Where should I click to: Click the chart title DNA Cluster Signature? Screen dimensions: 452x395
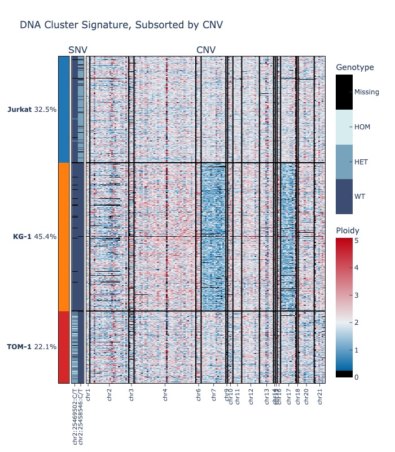[x=121, y=25]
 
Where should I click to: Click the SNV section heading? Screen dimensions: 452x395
[x=78, y=50]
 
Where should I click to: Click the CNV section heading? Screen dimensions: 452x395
[x=206, y=50]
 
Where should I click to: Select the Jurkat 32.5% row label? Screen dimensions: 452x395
[x=32, y=110]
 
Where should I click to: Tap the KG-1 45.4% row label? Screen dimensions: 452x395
[x=34, y=237]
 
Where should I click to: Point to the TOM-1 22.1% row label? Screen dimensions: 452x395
[x=32, y=346]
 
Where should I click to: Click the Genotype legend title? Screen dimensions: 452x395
[x=354, y=68]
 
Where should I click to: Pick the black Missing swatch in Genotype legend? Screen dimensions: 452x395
[x=344, y=92]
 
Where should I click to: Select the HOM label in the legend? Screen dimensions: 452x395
[x=362, y=127]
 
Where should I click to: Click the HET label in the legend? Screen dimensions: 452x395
[x=361, y=162]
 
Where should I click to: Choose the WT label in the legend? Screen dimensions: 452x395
[x=359, y=197]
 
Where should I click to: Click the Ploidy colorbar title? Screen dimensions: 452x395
[x=348, y=231]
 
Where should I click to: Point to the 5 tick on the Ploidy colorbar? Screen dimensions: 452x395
[x=357, y=240]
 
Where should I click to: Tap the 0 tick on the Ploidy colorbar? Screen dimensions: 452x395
[x=357, y=377]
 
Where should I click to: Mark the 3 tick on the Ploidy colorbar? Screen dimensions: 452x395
[x=357, y=295]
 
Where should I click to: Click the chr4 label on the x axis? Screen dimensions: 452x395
[x=165, y=394]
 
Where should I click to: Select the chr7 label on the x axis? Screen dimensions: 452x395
[x=213, y=394]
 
